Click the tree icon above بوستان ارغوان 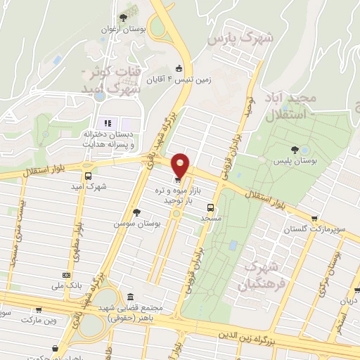124,17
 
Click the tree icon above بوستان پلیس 295,149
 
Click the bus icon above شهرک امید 88,176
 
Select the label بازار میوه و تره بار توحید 169,195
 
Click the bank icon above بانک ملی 66,275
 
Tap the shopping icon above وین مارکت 37,309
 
